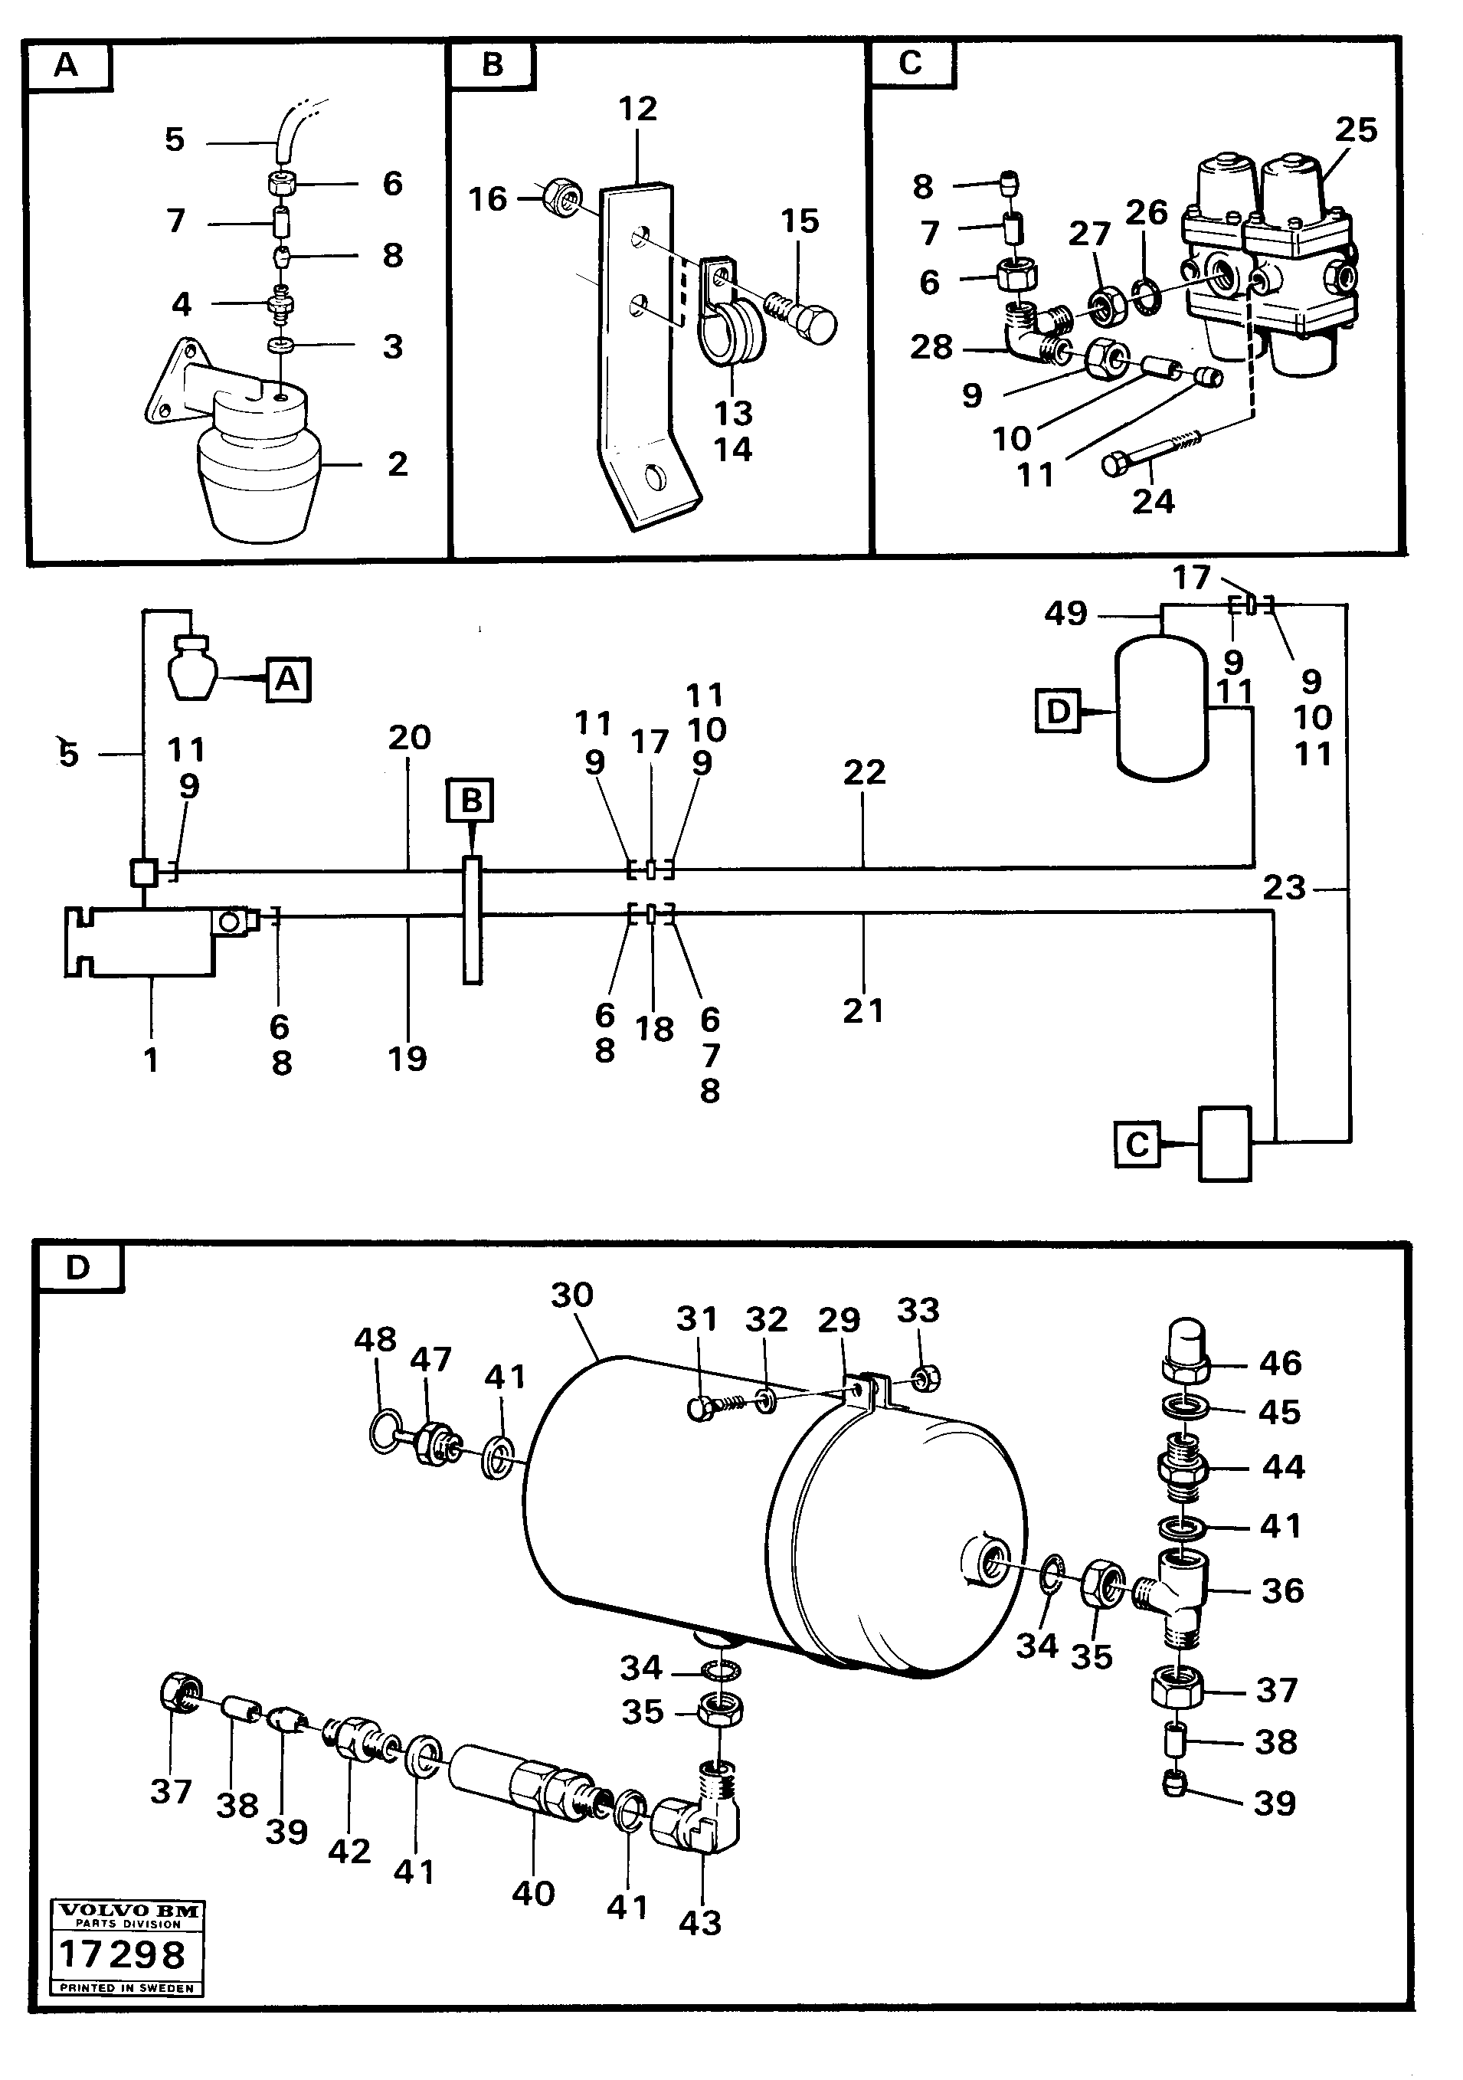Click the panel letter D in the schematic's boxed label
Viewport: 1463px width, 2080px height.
tap(1058, 712)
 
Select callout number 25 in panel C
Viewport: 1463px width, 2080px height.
tap(1355, 130)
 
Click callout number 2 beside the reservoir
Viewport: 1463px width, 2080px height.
tap(397, 463)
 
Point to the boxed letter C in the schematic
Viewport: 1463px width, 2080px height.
tap(1137, 1145)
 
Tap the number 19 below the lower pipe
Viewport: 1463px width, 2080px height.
tap(407, 1058)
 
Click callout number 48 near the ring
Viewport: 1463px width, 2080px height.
tap(375, 1339)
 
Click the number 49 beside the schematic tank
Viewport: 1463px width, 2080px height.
tap(1065, 614)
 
